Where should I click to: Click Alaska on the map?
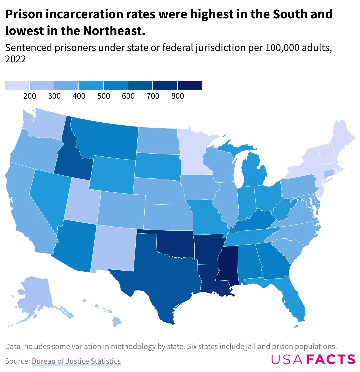point(33,297)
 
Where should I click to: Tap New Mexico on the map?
point(113,247)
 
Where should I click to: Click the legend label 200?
point(30,96)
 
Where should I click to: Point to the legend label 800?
point(178,96)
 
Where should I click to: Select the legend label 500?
point(104,96)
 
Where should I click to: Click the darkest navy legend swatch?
point(190,85)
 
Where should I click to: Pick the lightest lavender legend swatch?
point(17,85)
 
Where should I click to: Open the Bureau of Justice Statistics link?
point(76,361)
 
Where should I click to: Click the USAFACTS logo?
point(313,359)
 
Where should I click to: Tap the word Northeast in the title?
point(114,31)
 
